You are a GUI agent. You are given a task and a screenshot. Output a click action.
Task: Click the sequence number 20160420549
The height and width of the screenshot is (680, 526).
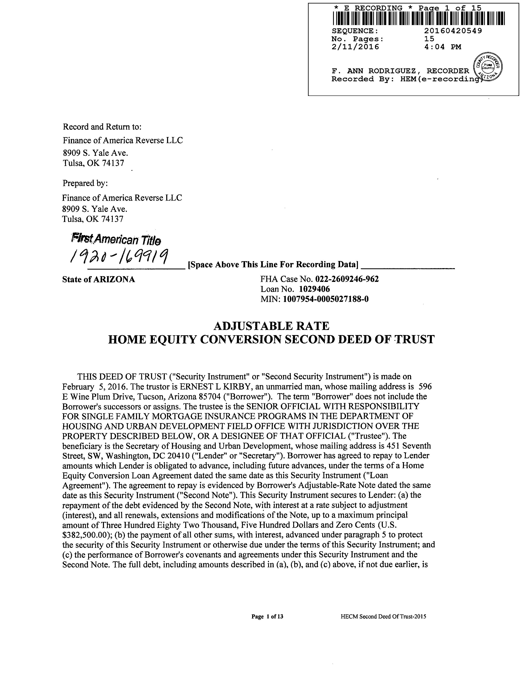(x=453, y=31)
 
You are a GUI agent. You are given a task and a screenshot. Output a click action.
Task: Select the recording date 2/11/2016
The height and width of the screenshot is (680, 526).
(x=355, y=47)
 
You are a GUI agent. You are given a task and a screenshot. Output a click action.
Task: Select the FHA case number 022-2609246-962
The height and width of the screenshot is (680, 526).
(x=347, y=279)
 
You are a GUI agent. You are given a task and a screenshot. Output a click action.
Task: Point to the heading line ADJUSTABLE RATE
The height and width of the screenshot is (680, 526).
(x=271, y=326)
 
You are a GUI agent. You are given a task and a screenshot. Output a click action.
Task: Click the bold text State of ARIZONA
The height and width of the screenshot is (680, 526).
(x=98, y=279)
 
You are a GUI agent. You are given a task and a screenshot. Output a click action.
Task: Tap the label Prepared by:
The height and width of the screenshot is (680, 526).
(x=85, y=183)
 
